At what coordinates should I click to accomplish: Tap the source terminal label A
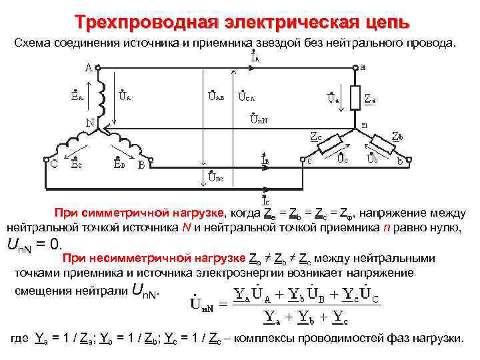click(88, 68)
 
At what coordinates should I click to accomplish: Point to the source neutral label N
click(89, 123)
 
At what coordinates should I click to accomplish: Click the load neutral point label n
click(365, 124)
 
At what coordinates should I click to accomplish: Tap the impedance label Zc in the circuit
click(315, 136)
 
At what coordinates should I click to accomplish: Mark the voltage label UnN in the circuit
click(258, 120)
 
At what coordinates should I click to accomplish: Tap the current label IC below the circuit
click(265, 199)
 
